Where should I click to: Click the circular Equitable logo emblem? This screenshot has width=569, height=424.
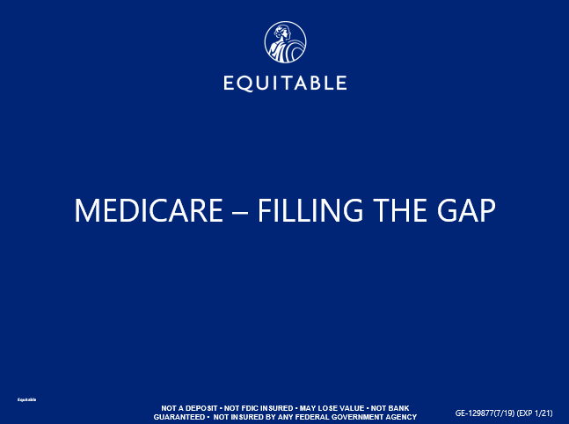tap(285, 43)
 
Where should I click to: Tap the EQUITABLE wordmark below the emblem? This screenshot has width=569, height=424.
tap(285, 84)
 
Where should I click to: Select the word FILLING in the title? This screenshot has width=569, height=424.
tap(312, 211)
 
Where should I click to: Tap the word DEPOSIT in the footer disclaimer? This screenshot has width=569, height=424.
tap(199, 408)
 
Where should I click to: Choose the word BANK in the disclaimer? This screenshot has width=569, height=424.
tap(399, 408)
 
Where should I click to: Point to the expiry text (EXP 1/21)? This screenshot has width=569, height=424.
tap(536, 413)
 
